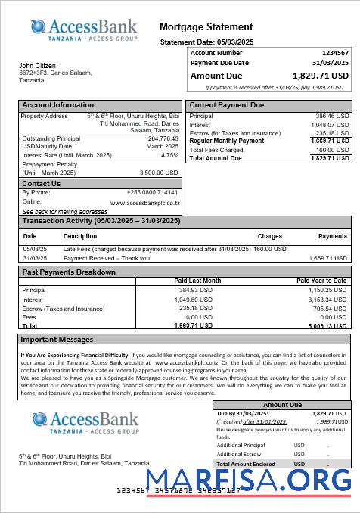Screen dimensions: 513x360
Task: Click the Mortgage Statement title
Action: [206, 27]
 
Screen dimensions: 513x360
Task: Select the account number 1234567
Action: [335, 53]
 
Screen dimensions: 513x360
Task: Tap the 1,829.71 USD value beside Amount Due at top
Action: [321, 76]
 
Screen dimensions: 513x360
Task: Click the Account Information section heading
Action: [58, 105]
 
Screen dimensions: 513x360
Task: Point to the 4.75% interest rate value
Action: [170, 155]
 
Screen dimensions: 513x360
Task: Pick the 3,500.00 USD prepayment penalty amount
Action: [159, 173]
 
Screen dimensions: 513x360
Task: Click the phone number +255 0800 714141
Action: [153, 192]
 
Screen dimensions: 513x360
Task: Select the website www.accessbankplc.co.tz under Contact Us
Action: [144, 203]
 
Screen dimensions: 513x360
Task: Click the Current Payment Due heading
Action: [227, 105]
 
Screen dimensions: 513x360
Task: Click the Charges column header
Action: [269, 236]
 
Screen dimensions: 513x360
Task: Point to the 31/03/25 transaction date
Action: [35, 258]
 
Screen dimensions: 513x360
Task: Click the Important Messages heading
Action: [57, 340]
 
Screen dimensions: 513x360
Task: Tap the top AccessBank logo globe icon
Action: [40, 28]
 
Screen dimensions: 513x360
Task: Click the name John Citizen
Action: [37, 66]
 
